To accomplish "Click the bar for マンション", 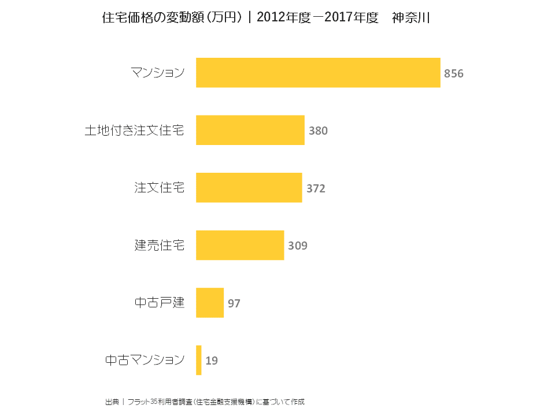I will [318, 73].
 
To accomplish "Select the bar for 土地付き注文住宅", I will [250, 130].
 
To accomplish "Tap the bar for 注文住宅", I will [249, 188].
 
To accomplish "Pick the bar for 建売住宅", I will [240, 245].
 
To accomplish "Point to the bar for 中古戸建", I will [210, 303].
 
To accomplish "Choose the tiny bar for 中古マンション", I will [199, 360].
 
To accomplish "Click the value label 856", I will [454, 74].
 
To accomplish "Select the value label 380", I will [318, 131].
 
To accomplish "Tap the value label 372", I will [316, 188].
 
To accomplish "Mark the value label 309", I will [298, 246].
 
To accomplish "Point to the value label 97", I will [234, 303].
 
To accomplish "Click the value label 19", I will [212, 361].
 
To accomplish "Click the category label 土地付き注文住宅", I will [135, 131].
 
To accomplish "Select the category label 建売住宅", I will [160, 245].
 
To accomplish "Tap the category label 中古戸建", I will [160, 302].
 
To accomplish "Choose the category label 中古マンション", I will [145, 360].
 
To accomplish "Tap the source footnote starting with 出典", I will [205, 401].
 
